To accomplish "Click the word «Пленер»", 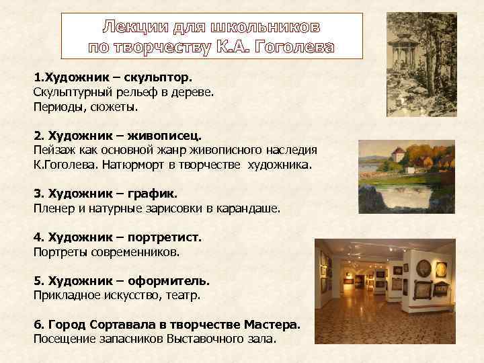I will [x=54, y=209].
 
